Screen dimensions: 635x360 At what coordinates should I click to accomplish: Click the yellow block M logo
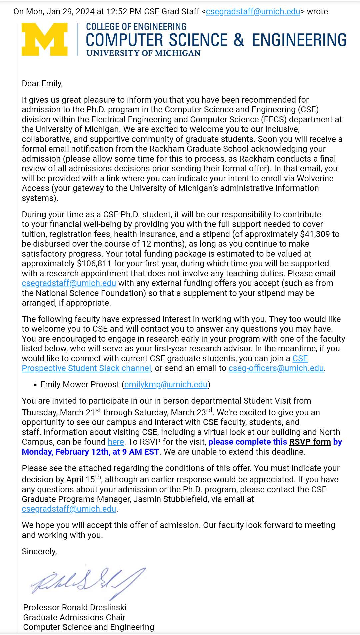click(x=44, y=39)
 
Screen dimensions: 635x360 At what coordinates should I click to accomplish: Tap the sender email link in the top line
click(x=253, y=11)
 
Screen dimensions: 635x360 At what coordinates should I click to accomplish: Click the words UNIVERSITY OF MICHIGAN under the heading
click(x=143, y=53)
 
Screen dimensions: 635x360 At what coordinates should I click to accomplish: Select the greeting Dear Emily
click(x=42, y=83)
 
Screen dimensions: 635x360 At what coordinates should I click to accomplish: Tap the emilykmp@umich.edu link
click(x=166, y=384)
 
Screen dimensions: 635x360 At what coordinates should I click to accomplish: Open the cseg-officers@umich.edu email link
click(x=276, y=368)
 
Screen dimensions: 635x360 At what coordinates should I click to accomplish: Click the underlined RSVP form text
click(x=310, y=442)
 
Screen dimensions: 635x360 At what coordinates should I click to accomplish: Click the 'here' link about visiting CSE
click(x=116, y=442)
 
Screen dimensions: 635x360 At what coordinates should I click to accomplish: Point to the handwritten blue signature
click(x=88, y=582)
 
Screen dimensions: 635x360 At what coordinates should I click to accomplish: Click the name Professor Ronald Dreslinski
click(x=75, y=607)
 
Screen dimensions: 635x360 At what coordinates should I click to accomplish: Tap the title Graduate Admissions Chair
click(x=74, y=617)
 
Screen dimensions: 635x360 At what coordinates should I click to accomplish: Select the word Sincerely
click(x=39, y=551)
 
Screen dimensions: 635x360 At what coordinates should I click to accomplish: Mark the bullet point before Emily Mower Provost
click(x=35, y=385)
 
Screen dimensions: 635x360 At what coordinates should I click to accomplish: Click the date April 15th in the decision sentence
click(x=83, y=479)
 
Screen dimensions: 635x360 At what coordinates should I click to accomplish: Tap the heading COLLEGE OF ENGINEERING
click(x=136, y=27)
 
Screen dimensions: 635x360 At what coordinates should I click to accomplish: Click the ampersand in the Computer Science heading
click(x=239, y=40)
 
